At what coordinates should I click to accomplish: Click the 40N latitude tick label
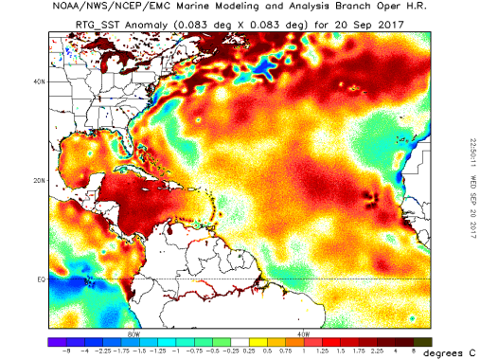39,81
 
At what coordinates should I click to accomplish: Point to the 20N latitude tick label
39,180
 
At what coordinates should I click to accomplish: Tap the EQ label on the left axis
41,279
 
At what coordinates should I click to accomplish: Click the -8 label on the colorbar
63,351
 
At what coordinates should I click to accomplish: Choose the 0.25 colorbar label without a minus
249,351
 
